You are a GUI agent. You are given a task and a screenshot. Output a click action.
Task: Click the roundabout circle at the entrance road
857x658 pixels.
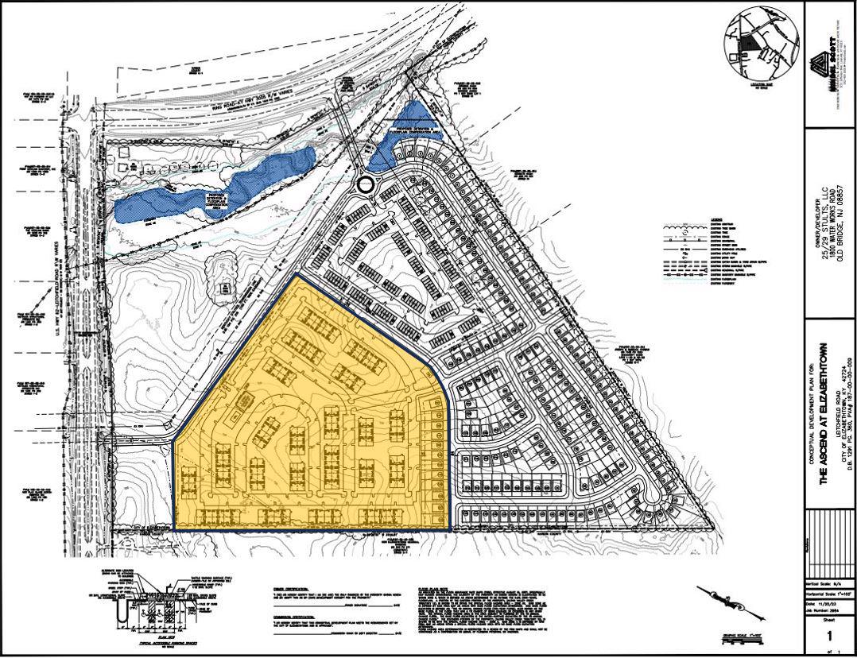[x=365, y=185]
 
